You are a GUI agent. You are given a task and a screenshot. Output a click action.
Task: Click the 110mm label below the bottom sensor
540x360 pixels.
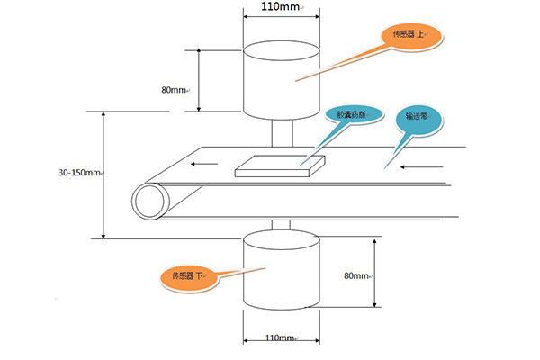point(282,338)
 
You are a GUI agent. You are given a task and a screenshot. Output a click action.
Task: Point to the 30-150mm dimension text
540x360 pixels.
point(78,172)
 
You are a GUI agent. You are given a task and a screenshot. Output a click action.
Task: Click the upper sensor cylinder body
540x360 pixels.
point(282,83)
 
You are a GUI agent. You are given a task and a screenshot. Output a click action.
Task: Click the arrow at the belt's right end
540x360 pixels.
point(422,166)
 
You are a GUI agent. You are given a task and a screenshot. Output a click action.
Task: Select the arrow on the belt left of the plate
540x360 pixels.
point(203,164)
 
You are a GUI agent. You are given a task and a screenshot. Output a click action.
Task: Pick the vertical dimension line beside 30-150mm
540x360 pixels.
point(104,175)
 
